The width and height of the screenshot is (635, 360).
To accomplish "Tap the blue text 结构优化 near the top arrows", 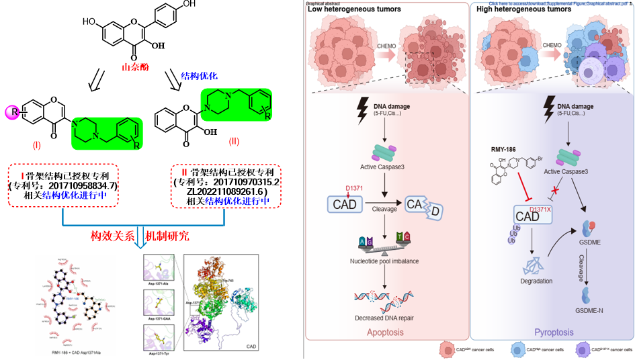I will click(200, 77).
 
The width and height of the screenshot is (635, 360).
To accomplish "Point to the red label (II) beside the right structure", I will click(234, 141).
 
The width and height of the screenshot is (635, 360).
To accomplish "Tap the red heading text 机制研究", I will click(167, 236).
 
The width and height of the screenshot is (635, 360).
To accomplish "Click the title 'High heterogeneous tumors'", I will click(514, 9).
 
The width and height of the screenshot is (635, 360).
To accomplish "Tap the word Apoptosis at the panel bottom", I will click(386, 332).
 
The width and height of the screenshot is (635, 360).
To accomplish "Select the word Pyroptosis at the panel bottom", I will click(553, 332).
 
